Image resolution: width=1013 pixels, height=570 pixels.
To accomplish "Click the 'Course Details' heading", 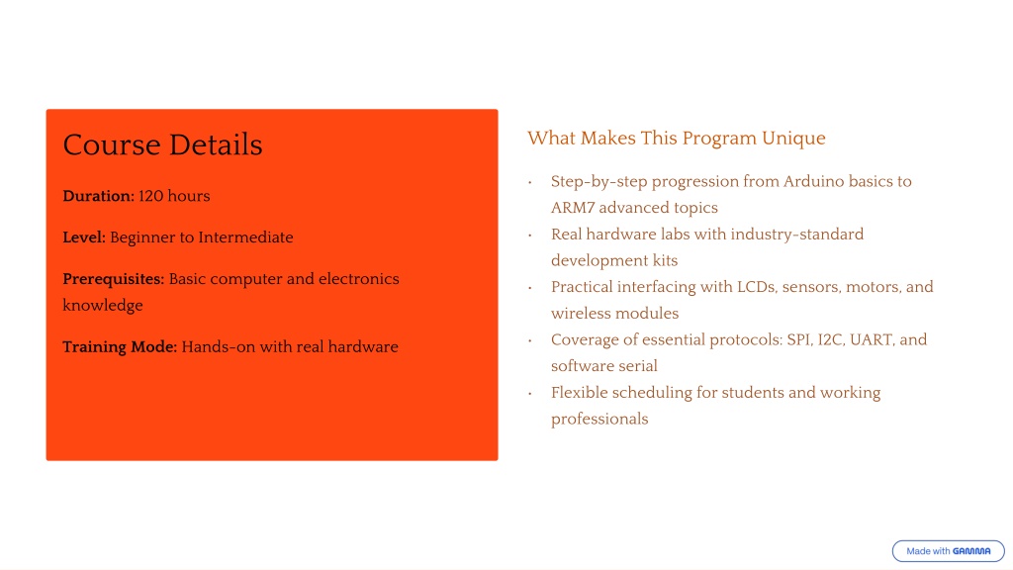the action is click(x=163, y=144).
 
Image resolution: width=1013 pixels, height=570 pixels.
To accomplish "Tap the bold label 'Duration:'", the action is click(x=98, y=196).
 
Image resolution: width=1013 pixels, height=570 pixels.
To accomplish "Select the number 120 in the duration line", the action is click(x=150, y=196).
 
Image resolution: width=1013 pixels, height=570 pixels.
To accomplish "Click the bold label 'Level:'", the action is click(x=84, y=237).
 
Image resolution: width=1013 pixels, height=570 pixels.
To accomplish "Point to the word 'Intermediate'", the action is click(x=246, y=237).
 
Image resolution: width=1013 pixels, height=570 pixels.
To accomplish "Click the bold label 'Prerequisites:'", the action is click(x=114, y=279).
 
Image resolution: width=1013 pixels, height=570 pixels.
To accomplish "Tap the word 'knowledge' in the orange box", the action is click(x=103, y=305).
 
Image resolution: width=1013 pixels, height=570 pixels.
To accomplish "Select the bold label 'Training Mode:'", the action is click(x=120, y=347).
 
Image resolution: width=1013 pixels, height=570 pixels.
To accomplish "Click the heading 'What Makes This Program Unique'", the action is click(x=677, y=139).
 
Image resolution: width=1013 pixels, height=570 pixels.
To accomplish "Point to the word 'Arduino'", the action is click(x=813, y=181).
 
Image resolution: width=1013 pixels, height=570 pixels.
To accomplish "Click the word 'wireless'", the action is click(x=580, y=314).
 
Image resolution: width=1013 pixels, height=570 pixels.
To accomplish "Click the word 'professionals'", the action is click(x=599, y=420).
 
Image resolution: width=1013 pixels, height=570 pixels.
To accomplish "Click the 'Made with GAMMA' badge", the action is click(x=948, y=551).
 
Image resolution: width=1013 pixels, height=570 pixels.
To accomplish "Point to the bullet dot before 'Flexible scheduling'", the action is click(x=530, y=393).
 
